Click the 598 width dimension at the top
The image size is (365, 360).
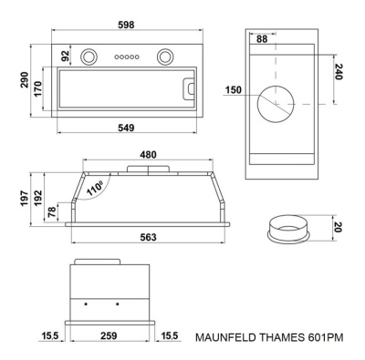[126, 25]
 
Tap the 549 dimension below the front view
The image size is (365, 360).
[126, 128]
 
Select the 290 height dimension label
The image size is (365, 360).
[25, 79]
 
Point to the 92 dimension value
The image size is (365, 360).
[66, 56]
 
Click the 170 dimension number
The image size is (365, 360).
[37, 88]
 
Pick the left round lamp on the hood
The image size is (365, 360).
[89, 57]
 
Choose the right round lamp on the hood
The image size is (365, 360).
[166, 57]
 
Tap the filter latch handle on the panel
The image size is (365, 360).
[189, 88]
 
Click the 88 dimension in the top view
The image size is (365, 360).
[262, 39]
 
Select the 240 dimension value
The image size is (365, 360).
[339, 72]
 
